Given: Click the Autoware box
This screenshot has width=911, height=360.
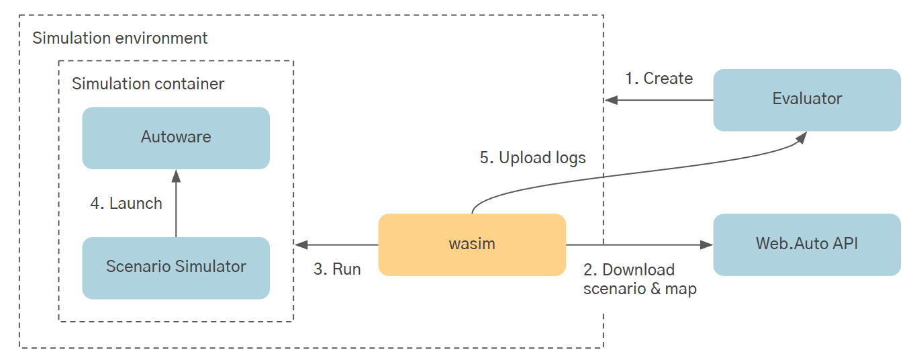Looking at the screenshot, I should tap(176, 138).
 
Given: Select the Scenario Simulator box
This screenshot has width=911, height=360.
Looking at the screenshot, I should tap(176, 267).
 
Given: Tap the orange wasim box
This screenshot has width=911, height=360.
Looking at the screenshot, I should tap(472, 244).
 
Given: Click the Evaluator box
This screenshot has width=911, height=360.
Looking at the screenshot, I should tap(806, 99).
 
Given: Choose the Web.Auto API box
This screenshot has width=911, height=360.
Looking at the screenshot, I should tap(806, 244).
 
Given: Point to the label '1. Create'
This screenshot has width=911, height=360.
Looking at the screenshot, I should tap(659, 79).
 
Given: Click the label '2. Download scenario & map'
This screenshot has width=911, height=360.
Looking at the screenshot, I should tap(639, 279).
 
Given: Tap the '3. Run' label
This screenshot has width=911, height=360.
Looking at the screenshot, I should tap(337, 269).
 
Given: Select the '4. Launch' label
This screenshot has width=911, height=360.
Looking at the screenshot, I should tap(126, 204).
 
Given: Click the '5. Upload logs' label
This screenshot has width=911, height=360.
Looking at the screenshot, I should tap(532, 158).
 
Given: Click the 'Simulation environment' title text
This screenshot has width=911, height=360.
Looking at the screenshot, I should tap(120, 38).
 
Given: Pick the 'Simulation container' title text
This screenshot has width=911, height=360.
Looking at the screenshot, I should tap(148, 84).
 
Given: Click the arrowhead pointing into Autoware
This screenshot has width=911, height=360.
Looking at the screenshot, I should tap(176, 175).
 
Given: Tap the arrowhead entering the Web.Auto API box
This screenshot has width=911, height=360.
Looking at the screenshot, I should tap(707, 244).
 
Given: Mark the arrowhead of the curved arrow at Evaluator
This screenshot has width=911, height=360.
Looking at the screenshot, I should tap(801, 137).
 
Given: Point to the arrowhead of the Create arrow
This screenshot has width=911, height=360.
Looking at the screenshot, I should tap(611, 100).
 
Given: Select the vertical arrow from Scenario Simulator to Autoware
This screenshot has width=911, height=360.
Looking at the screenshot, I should tap(176, 205).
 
